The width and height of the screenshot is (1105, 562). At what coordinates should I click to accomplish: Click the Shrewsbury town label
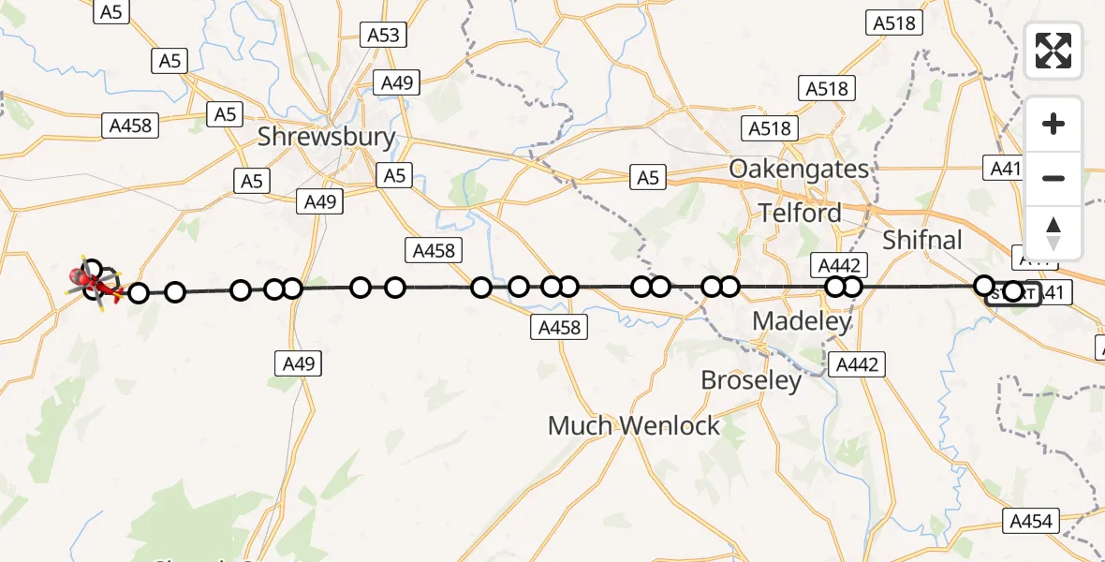[326, 138]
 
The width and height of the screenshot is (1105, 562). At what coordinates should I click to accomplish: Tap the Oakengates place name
[799, 170]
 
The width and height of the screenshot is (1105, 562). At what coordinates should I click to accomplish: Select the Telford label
[801, 213]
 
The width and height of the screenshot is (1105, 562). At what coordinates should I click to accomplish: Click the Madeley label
[803, 322]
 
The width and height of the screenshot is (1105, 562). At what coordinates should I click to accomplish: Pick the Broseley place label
[751, 380]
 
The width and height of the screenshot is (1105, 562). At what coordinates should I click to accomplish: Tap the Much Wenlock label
[634, 426]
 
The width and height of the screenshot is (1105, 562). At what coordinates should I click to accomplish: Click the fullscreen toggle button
[1053, 51]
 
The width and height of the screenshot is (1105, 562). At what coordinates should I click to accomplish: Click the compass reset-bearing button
[1053, 233]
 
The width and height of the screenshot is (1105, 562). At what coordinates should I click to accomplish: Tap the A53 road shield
[383, 36]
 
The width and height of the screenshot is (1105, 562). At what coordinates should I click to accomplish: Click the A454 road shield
[1032, 522]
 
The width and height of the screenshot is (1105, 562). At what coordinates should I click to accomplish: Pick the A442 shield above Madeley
[839, 265]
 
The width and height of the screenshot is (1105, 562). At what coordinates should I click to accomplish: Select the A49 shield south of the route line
[299, 363]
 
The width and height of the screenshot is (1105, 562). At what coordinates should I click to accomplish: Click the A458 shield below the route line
[559, 327]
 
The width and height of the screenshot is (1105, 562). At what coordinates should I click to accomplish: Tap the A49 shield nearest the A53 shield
[397, 83]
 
